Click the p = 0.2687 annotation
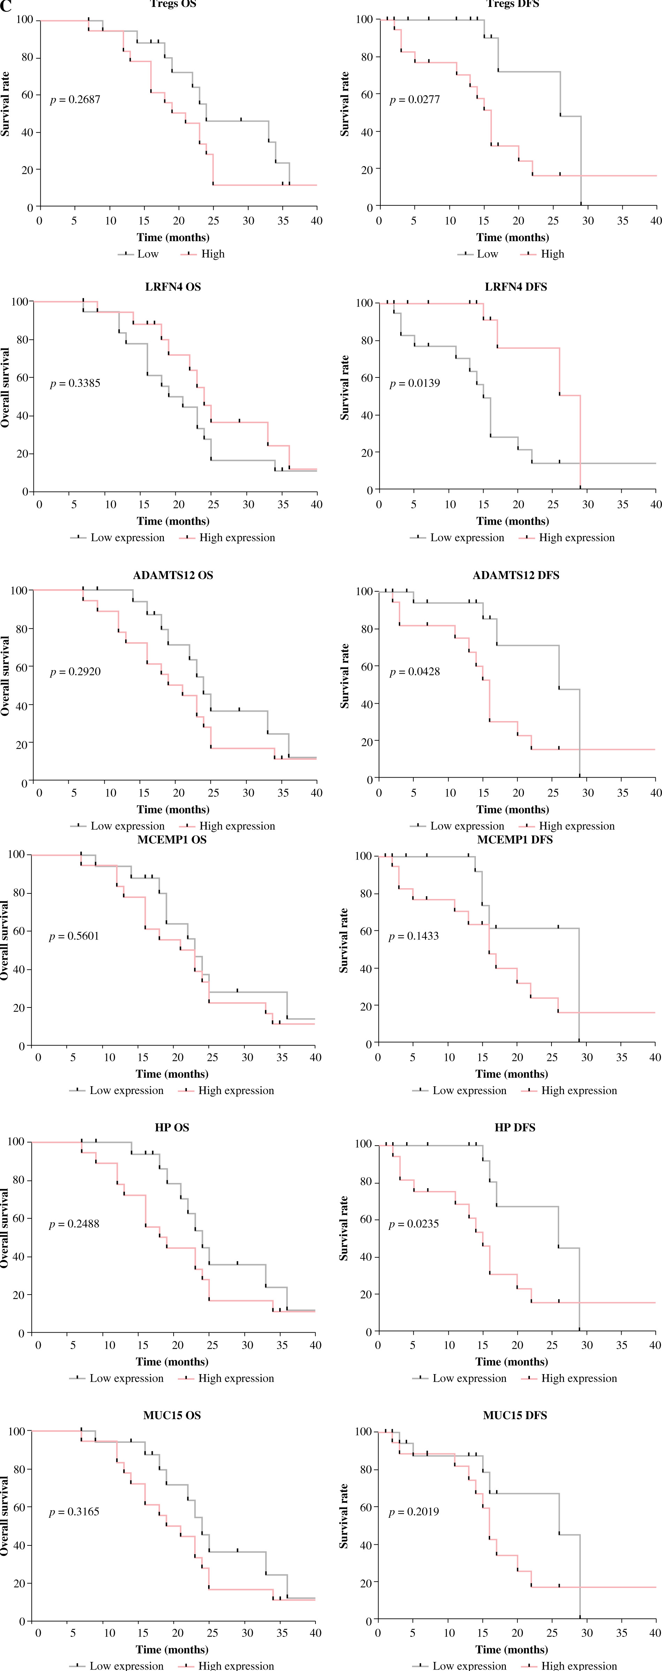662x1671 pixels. pos(75,100)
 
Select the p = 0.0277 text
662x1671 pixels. pos(414,100)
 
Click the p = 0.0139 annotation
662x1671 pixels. pos(414,383)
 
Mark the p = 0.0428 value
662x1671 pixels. pos(414,672)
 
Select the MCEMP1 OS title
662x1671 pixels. pos(172,839)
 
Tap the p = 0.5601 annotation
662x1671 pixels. pos(74,936)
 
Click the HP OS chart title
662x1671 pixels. pos(172,1127)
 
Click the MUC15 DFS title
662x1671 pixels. pos(515,1415)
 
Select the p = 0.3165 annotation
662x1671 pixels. pos(74,1512)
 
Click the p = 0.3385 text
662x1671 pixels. pos(75,383)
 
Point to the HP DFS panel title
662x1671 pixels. pos(515,1127)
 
